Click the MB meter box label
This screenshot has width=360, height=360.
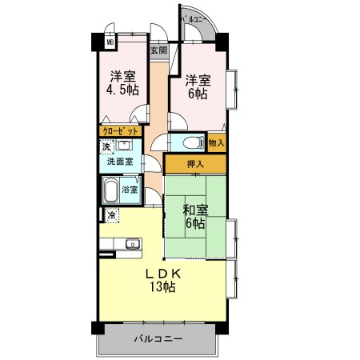[111, 44]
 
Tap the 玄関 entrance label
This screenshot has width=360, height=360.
[158, 50]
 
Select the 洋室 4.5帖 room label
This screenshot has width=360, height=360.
[122, 83]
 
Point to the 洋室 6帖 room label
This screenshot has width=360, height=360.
[198, 86]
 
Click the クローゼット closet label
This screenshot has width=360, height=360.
[122, 130]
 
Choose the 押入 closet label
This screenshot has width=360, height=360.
[194, 164]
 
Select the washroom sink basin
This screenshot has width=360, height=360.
[125, 146]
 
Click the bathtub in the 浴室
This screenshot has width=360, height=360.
[110, 190]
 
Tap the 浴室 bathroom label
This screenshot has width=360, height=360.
[130, 190]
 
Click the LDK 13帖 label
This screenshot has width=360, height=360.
[160, 280]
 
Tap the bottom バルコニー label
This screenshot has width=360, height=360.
[158, 339]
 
